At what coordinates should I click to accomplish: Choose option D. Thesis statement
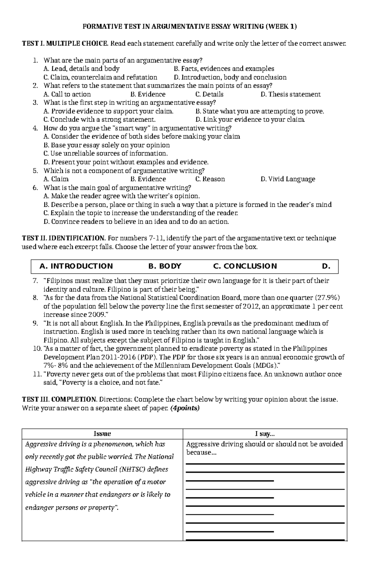pyautogui.click(x=290, y=94)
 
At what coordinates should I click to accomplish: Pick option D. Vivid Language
pyautogui.click(x=288, y=179)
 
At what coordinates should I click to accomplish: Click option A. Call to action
pyautogui.click(x=67, y=94)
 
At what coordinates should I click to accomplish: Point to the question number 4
pyautogui.click(x=35, y=128)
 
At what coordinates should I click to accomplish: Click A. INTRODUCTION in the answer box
pyautogui.click(x=76, y=266)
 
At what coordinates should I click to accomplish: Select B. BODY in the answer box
pyautogui.click(x=165, y=266)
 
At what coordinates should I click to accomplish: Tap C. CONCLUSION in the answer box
pyautogui.click(x=245, y=266)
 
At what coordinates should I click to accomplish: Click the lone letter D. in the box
pyautogui.click(x=326, y=266)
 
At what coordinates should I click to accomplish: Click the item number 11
pyautogui.click(x=36, y=374)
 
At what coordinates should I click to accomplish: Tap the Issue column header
pyautogui.click(x=102, y=434)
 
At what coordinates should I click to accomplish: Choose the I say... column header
pyautogui.click(x=265, y=434)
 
